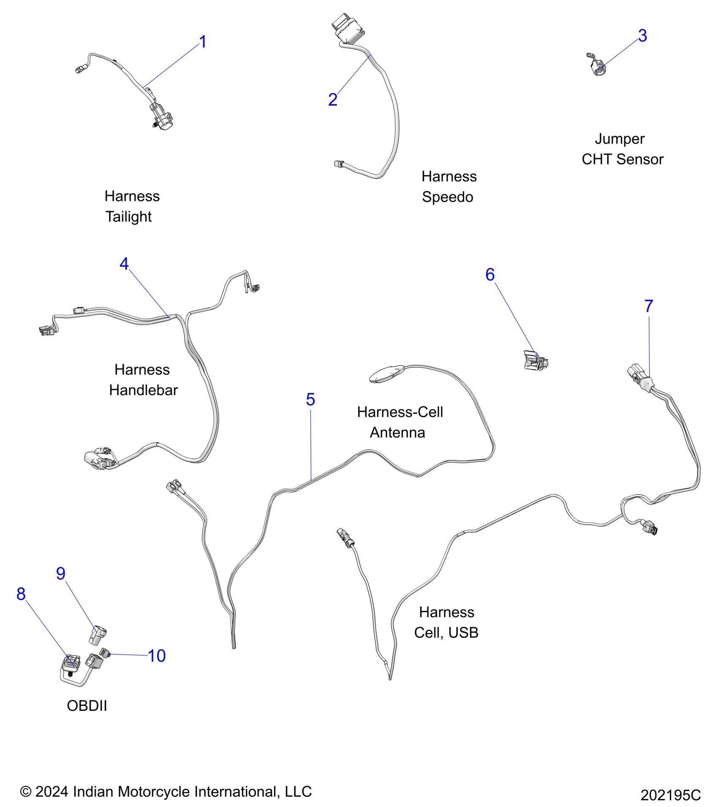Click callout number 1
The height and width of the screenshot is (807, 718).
(x=203, y=42)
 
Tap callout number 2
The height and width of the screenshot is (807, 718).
(x=333, y=100)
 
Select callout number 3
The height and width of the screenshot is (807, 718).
(x=642, y=36)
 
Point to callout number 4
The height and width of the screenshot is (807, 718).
(x=124, y=264)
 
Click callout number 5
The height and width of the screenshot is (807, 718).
(x=310, y=399)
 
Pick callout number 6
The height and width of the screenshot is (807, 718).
(x=490, y=275)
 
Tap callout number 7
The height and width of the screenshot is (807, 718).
(x=649, y=306)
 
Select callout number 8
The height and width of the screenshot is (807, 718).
(x=21, y=594)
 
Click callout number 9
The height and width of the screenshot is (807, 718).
(x=61, y=574)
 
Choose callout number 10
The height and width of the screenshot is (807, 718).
(x=157, y=656)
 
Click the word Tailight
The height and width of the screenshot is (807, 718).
(x=128, y=217)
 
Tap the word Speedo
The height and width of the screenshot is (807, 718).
(x=447, y=197)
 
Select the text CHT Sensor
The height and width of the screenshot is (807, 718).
(x=622, y=160)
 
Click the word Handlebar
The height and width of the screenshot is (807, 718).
(x=143, y=390)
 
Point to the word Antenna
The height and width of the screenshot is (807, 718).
(x=397, y=433)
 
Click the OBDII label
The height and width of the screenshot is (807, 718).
(x=87, y=706)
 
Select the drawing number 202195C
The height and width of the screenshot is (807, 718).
(x=670, y=795)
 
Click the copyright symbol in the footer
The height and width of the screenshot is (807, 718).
(x=26, y=792)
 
